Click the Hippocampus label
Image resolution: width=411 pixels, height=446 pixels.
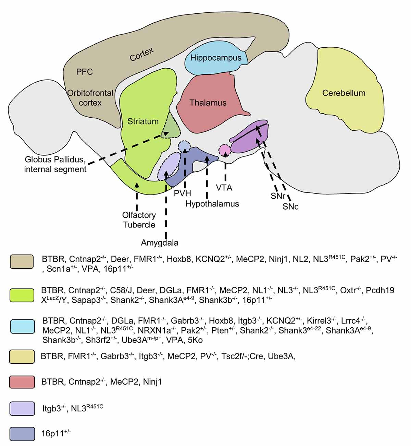click(x=216, y=58)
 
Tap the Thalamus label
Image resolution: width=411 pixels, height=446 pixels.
click(x=208, y=103)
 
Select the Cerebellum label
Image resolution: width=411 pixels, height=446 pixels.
click(x=344, y=93)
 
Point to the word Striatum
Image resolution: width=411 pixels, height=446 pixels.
click(x=143, y=121)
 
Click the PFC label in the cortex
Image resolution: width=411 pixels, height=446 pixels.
click(x=85, y=72)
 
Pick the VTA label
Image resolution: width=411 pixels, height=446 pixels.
click(x=224, y=188)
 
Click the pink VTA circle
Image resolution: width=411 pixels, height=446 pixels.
click(x=225, y=150)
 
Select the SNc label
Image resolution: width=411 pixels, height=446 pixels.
click(x=290, y=207)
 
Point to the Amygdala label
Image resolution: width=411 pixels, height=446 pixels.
click(x=160, y=243)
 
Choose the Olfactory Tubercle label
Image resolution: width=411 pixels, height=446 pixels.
click(x=139, y=220)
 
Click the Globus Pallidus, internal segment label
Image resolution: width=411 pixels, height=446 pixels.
click(x=55, y=164)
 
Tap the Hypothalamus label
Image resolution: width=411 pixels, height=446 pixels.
click(x=212, y=204)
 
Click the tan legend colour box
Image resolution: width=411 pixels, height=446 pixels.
click(x=22, y=261)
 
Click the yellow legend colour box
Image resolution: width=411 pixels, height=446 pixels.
click(x=22, y=356)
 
